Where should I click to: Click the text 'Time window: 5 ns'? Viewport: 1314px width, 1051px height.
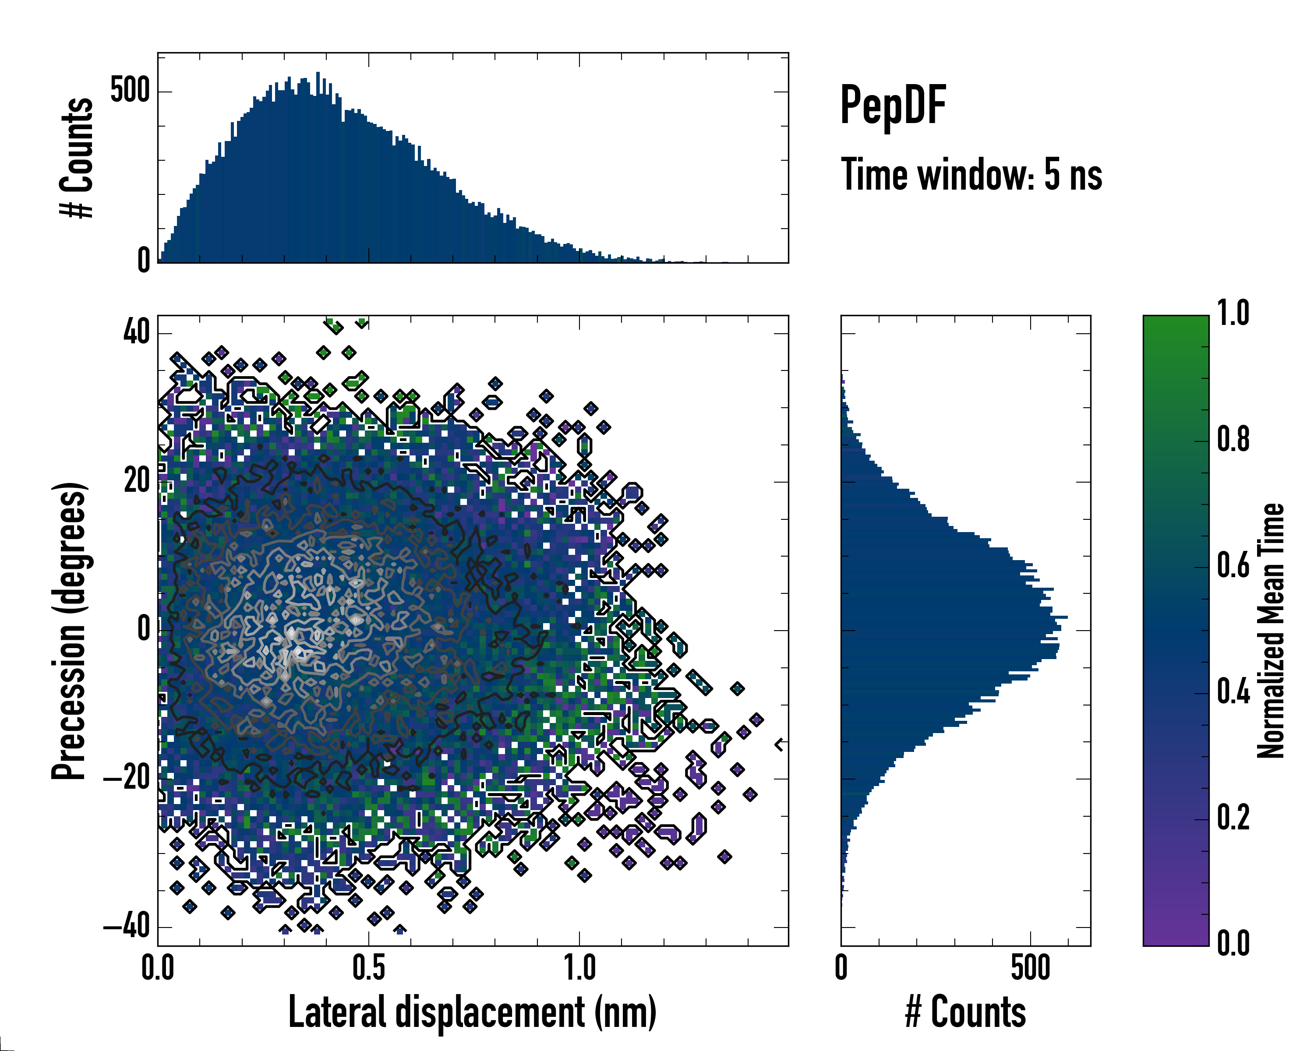pos(971,175)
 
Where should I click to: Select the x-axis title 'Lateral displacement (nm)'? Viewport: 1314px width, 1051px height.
pos(472,1012)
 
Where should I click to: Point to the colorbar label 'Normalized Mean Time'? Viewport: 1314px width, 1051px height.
pos(1271,631)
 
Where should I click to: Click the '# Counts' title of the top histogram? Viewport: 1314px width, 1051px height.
pos(77,157)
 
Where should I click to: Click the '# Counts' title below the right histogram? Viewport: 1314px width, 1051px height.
pos(965,1012)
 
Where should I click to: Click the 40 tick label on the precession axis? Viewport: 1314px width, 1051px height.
pos(137,333)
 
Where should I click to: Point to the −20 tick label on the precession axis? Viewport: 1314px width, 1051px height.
pos(127,779)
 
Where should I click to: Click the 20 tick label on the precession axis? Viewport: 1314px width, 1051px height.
pos(137,481)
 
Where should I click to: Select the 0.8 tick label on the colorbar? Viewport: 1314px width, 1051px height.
pos(1233,441)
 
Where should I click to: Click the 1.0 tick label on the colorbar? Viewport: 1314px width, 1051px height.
pos(1233,314)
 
